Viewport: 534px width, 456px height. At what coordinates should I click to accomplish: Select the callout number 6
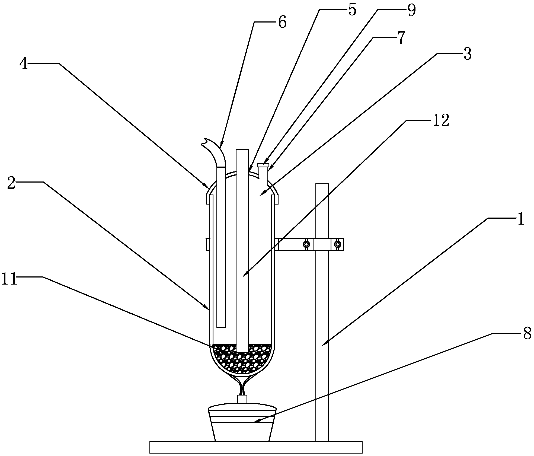(282, 23)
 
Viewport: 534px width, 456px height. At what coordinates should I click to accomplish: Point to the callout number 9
(411, 11)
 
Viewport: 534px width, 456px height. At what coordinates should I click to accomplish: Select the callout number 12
(441, 121)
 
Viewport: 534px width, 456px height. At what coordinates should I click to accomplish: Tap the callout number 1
(520, 219)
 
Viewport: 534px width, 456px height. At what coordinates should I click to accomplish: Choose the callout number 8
(527, 334)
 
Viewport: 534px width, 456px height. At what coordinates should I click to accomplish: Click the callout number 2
(11, 183)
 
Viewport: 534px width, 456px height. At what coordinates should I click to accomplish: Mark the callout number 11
(9, 279)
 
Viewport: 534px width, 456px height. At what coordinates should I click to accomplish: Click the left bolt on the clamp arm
(306, 244)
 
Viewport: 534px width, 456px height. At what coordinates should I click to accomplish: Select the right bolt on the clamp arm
(337, 244)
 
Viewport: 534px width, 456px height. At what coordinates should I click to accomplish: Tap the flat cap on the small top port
(263, 165)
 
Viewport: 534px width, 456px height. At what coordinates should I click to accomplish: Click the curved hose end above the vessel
(214, 152)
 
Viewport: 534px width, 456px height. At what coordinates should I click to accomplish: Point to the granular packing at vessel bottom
(242, 358)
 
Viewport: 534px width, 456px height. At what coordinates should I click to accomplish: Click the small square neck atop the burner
(242, 399)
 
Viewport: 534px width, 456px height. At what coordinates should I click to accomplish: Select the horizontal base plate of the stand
(256, 447)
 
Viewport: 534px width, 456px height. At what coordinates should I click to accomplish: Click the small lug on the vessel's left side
(208, 244)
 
